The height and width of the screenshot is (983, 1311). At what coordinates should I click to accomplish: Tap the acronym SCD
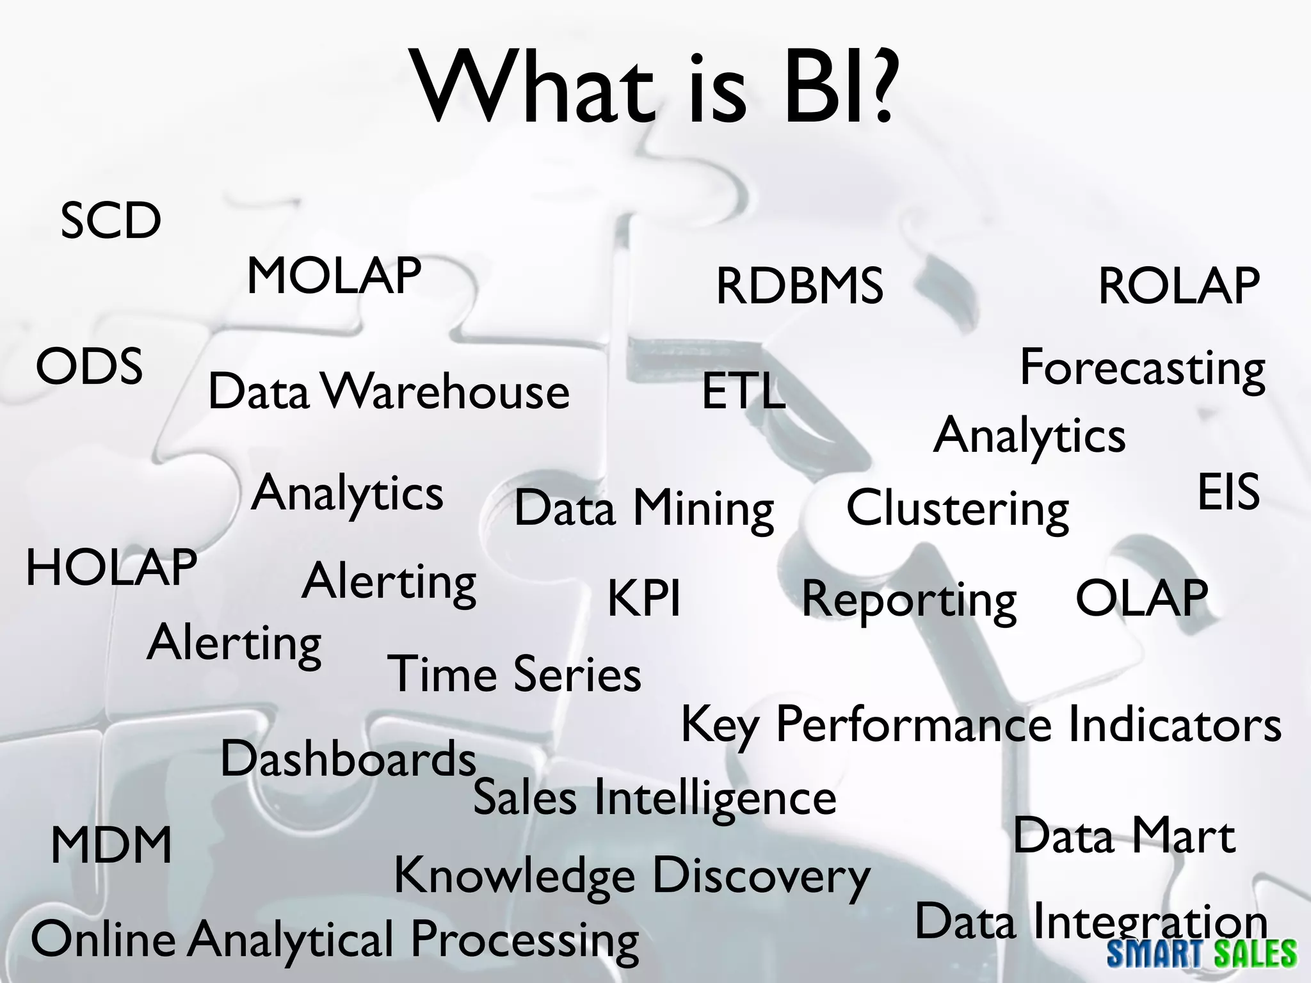(111, 221)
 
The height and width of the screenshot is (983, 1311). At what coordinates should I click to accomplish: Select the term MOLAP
(334, 276)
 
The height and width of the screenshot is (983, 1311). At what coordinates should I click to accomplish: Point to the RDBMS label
(800, 286)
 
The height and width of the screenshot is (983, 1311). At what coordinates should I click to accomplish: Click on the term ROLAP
(1179, 286)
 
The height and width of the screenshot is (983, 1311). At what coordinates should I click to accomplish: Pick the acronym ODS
(89, 367)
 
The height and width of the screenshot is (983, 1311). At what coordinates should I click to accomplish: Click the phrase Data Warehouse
(389, 391)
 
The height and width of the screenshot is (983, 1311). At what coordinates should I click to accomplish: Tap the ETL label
(743, 391)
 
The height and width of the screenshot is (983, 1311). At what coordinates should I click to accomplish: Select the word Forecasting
(1143, 369)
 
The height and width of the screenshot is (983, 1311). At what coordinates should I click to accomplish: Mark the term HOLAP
(111, 568)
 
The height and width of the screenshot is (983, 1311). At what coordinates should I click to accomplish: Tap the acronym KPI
(644, 598)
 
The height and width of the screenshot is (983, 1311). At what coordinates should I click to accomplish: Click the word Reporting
(909, 600)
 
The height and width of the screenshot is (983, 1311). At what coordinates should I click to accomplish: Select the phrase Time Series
(514, 674)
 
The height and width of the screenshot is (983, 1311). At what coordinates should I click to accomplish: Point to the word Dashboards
(348, 759)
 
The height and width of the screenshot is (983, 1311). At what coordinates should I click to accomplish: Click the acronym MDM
(111, 845)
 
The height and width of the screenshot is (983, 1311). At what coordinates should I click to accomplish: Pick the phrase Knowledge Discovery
(632, 876)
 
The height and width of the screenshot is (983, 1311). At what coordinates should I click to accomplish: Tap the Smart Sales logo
(1202, 954)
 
